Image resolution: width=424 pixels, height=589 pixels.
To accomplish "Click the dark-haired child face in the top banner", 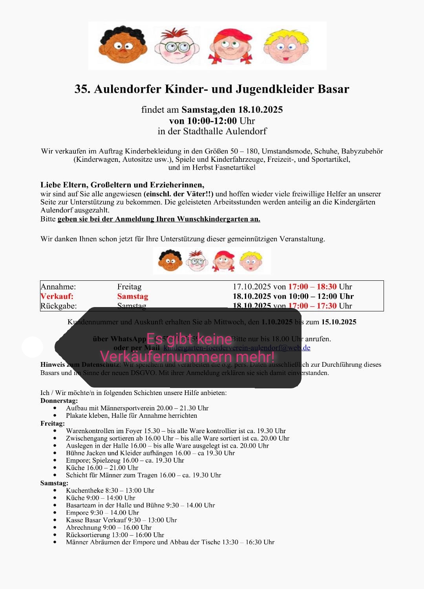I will (122, 45).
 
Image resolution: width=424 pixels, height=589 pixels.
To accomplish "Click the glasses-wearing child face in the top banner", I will (177, 46).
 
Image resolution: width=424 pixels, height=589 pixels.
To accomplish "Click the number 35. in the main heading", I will (82, 89).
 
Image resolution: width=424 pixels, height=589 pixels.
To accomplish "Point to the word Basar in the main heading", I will (333, 89).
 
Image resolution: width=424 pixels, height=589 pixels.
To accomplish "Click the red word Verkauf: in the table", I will (57, 296).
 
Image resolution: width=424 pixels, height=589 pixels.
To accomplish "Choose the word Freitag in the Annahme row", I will (129, 287).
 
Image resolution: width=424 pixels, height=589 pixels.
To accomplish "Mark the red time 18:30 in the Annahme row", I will (327, 287).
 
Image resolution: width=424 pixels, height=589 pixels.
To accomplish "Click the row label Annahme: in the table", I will (58, 287).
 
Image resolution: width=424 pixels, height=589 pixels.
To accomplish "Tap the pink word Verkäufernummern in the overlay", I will (166, 357).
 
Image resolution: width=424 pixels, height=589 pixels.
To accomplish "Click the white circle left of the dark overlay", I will (32, 347).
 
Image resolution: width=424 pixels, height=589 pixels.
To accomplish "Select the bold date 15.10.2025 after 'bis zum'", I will (339, 322).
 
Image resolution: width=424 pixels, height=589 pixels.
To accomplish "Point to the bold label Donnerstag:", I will (59, 401).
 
